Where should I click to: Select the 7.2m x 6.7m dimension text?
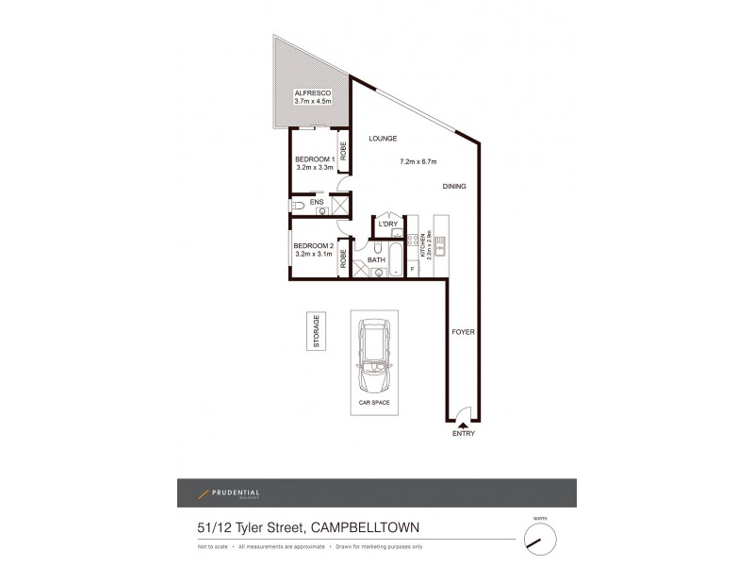tap(419, 161)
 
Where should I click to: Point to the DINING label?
tap(455, 187)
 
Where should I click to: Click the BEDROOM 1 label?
tap(315, 158)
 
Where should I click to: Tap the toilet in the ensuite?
tap(299, 204)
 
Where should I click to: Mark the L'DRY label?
tap(386, 225)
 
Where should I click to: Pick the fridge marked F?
tap(412, 270)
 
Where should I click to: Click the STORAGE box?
tap(317, 331)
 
